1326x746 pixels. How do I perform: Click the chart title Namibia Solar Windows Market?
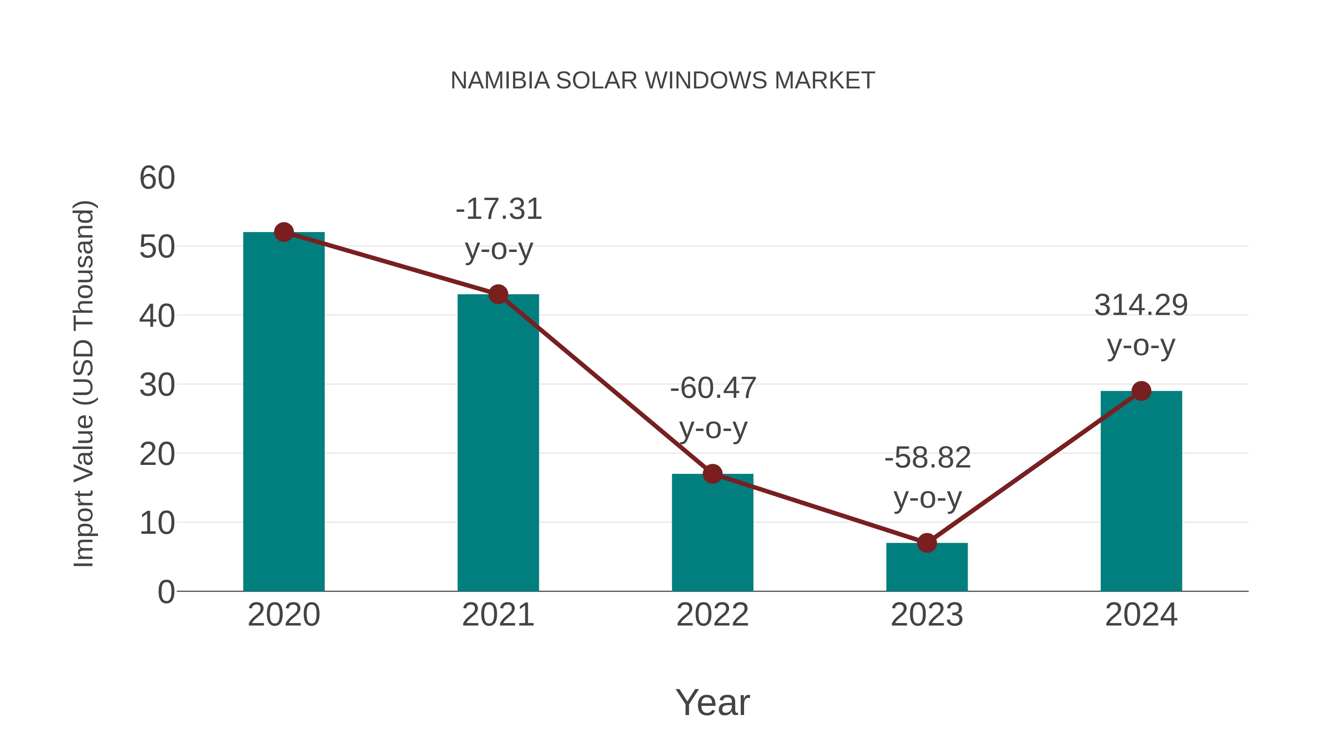click(x=663, y=81)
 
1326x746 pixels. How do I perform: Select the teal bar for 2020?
click(x=284, y=412)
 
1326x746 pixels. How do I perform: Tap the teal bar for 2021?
click(x=498, y=443)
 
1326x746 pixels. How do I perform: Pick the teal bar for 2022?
click(x=712, y=533)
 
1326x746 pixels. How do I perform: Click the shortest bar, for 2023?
click(x=927, y=567)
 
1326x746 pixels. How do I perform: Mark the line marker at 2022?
click(x=712, y=474)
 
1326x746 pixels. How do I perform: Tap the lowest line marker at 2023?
click(x=927, y=543)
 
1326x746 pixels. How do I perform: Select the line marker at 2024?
click(x=1141, y=391)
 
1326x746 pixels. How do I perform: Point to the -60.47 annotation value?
click(x=713, y=388)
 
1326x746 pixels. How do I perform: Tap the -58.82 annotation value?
click(x=927, y=458)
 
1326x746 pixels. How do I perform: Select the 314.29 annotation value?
click(x=1141, y=305)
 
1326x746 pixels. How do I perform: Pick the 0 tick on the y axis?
click(x=166, y=592)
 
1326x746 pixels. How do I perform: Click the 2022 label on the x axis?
click(x=712, y=615)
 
